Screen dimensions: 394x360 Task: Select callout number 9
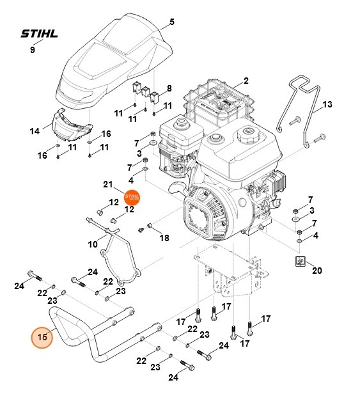pos(33,50)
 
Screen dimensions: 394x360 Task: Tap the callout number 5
pos(171,22)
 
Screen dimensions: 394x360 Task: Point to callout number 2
pos(246,81)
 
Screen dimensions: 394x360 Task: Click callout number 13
pos(327,104)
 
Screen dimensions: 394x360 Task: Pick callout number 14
pos(35,130)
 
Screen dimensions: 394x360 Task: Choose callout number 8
pos(169,88)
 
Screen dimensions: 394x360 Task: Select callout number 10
pos(93,244)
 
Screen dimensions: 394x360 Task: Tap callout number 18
pos(164,238)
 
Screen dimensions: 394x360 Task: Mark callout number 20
pos(317,270)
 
